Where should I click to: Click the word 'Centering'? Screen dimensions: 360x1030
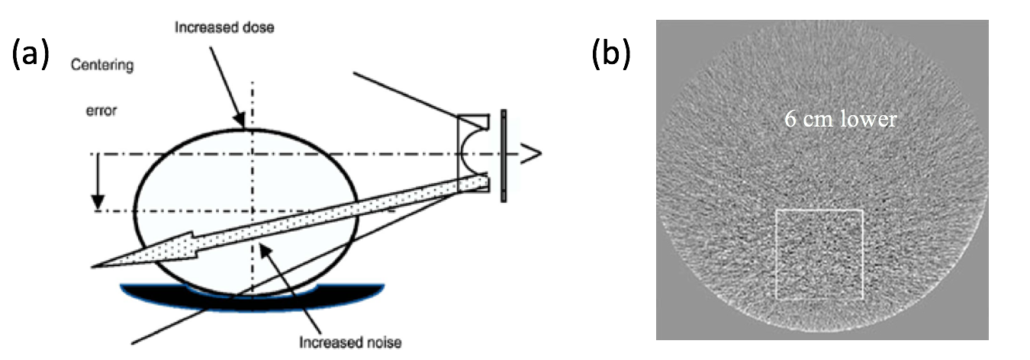(x=102, y=66)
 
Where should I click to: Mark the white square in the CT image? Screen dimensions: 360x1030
(x=819, y=255)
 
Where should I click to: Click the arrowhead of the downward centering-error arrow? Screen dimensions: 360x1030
(x=97, y=204)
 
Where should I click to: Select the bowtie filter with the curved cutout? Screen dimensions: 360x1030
(x=473, y=153)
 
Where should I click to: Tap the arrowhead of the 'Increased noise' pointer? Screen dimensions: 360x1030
(x=262, y=249)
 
